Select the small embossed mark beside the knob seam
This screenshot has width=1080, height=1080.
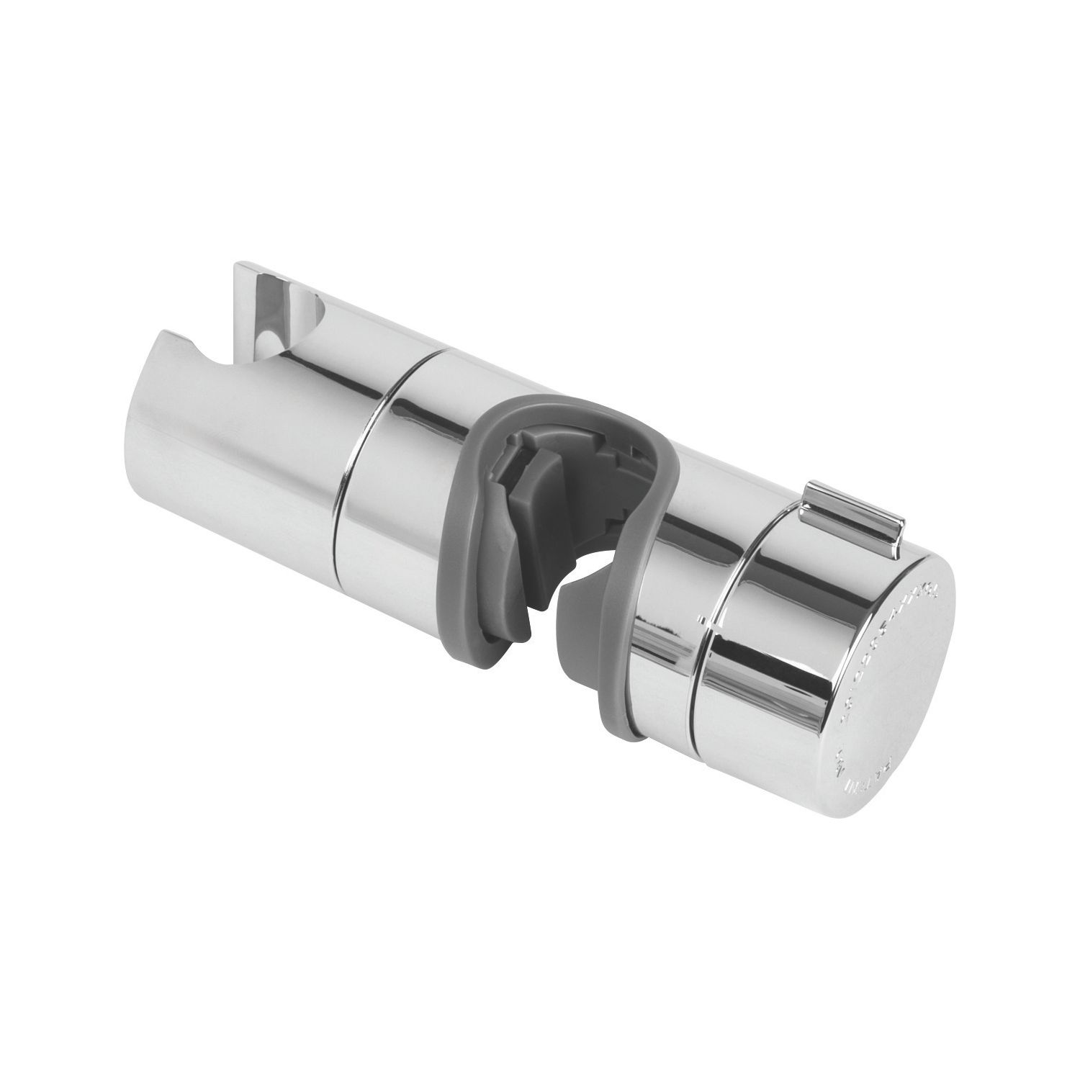pos(702,618)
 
